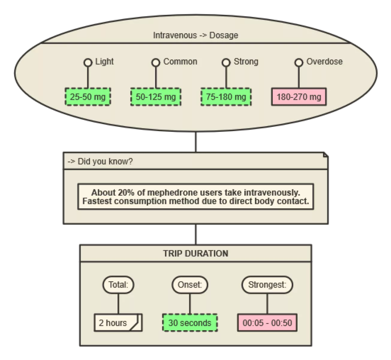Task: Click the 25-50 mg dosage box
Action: pos(88,97)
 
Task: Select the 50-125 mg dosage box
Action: pos(156,97)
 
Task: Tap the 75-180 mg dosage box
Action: pos(226,97)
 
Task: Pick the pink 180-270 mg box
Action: pos(299,97)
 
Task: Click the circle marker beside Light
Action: pos(88,62)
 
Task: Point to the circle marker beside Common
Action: pos(156,62)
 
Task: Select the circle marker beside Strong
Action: pos(226,62)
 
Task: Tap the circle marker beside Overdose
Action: pos(299,62)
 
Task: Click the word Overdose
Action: pos(324,61)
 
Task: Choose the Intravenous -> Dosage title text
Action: pos(195,35)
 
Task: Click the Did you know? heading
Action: pos(105,161)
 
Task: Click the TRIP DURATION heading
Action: pos(195,253)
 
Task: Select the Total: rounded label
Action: pos(118,284)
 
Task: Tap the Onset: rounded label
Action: pos(190,284)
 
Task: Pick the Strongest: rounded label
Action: pos(267,284)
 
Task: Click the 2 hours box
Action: pos(118,323)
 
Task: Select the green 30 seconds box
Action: pos(190,323)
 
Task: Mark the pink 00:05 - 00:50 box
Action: pos(267,323)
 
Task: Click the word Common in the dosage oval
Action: pos(180,61)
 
